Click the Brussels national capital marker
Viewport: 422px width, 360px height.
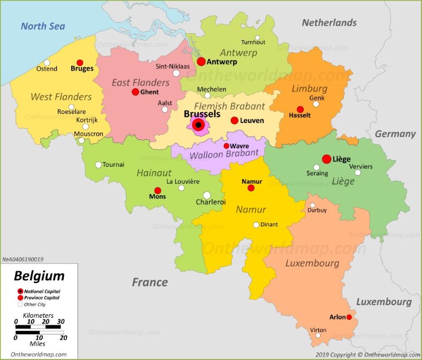(198, 125)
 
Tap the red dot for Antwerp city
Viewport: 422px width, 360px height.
(201, 62)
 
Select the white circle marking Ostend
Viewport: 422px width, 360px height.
(47, 62)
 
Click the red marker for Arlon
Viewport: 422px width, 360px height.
(349, 317)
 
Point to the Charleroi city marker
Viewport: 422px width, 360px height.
(207, 195)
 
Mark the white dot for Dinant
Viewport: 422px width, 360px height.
(256, 225)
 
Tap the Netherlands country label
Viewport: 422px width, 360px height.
(329, 23)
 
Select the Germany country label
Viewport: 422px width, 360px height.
(395, 134)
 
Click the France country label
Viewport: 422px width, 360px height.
(149, 282)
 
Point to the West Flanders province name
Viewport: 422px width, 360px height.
(61, 97)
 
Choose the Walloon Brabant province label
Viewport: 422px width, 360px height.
(224, 153)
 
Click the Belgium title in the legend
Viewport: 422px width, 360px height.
(39, 276)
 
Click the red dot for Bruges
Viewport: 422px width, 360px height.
(80, 62)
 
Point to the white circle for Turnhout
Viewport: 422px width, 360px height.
(257, 38)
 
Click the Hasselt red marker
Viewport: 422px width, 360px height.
(300, 109)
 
